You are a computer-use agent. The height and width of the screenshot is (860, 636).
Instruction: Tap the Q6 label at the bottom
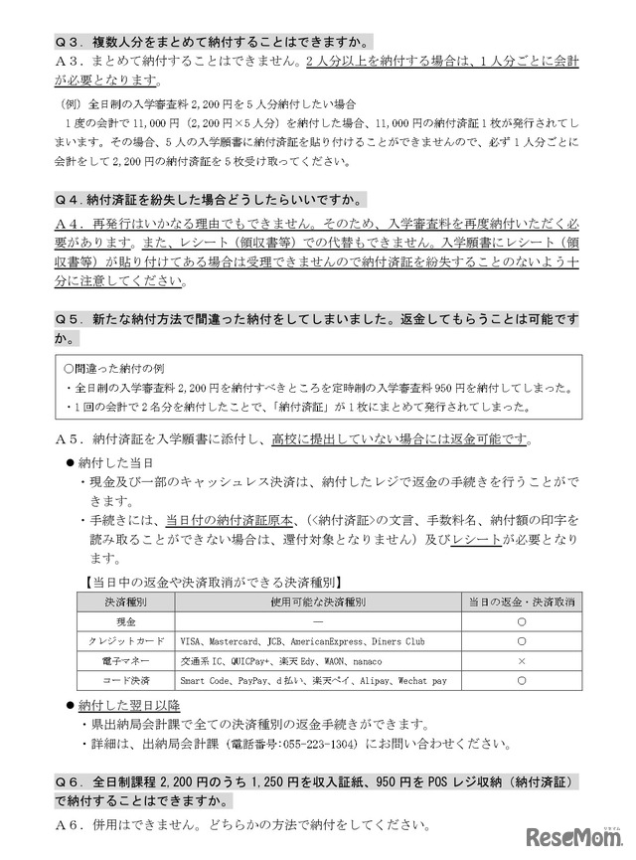click(70, 783)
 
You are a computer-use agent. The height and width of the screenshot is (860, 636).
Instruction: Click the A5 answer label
click(70, 439)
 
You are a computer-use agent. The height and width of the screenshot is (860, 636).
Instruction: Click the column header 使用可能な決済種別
click(318, 602)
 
